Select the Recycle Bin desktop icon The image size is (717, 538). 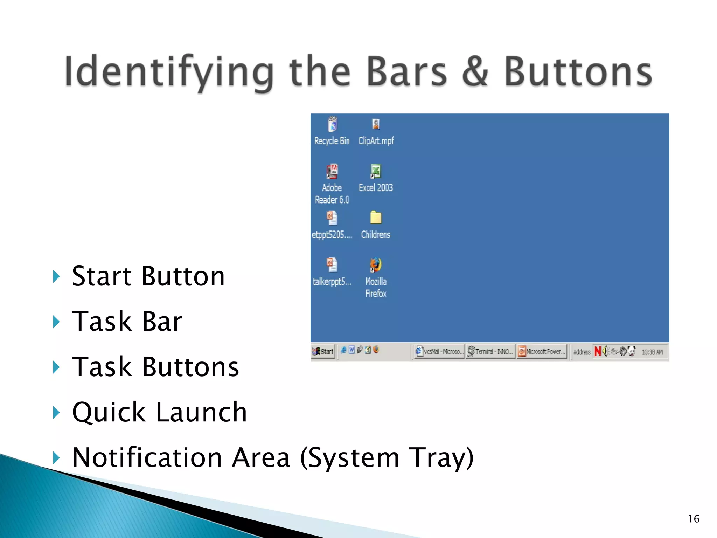pyautogui.click(x=332, y=125)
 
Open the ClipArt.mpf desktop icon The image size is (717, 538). pyautogui.click(x=376, y=124)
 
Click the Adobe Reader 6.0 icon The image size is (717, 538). pyautogui.click(x=332, y=172)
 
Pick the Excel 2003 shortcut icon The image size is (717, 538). pyautogui.click(x=376, y=172)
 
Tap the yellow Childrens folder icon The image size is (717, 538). pyautogui.click(x=376, y=218)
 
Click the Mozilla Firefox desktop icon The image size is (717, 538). pyautogui.click(x=376, y=265)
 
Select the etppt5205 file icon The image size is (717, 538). pyautogui.click(x=332, y=218)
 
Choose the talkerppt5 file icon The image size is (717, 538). pyautogui.click(x=332, y=265)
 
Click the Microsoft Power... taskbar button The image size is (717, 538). pyautogui.click(x=542, y=351)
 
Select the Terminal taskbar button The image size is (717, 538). pyautogui.click(x=490, y=351)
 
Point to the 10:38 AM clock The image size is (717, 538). pyautogui.click(x=652, y=352)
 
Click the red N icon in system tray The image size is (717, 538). pyautogui.click(x=598, y=351)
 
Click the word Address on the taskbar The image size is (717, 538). pyautogui.click(x=582, y=352)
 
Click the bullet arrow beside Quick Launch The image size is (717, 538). pyautogui.click(x=56, y=412)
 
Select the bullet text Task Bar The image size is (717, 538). pyautogui.click(x=127, y=321)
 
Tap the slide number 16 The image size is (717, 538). pyautogui.click(x=693, y=519)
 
